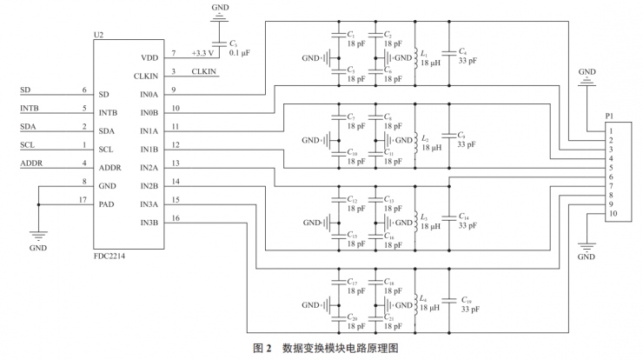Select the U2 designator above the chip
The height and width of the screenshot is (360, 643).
point(97,36)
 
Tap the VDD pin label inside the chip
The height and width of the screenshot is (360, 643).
point(149,57)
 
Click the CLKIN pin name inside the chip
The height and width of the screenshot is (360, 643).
point(145,76)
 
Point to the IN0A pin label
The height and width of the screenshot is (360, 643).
point(148,94)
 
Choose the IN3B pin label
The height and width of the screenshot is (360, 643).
point(148,223)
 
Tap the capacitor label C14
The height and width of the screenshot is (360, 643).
point(467,216)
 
